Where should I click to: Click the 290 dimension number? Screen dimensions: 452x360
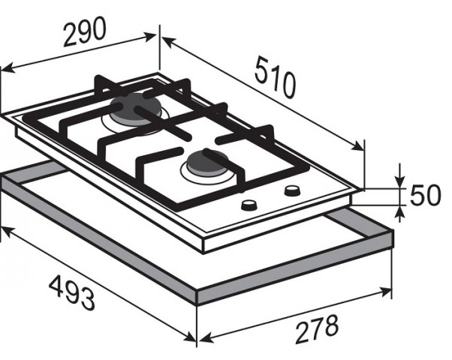[85, 31]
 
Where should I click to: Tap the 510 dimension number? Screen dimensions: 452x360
[275, 77]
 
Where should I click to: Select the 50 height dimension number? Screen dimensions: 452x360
[425, 195]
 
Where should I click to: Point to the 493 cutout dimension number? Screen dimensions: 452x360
[72, 292]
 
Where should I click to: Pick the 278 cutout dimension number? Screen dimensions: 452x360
[317, 329]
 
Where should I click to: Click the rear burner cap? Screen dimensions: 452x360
[135, 110]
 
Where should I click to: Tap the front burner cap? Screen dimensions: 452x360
[207, 163]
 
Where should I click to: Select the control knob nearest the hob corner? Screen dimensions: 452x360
[293, 190]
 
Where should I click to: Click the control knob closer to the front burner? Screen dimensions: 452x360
[249, 205]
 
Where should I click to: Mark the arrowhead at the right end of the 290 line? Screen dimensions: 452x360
[150, 37]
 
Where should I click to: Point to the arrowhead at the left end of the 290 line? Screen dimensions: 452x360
[8, 68]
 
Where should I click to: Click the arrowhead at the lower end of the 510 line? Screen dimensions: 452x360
[357, 146]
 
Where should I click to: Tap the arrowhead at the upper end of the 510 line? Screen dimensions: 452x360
[168, 42]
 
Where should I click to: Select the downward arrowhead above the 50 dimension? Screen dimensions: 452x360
[399, 181]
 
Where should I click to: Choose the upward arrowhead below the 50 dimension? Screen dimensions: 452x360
[399, 212]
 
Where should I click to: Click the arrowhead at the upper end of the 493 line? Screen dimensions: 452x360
[8, 232]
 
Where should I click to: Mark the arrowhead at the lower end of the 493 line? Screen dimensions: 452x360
[190, 337]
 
